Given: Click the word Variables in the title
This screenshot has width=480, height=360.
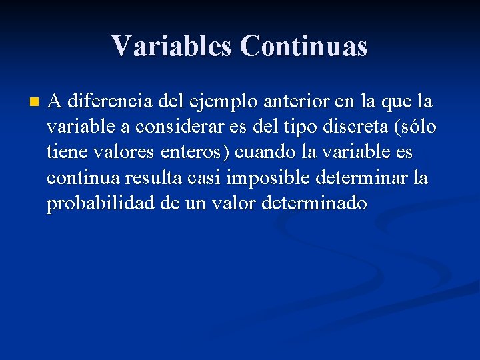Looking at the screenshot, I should click(171, 46).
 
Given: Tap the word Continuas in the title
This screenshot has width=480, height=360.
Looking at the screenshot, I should click(304, 46).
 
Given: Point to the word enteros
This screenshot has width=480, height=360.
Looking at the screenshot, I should click(195, 153).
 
